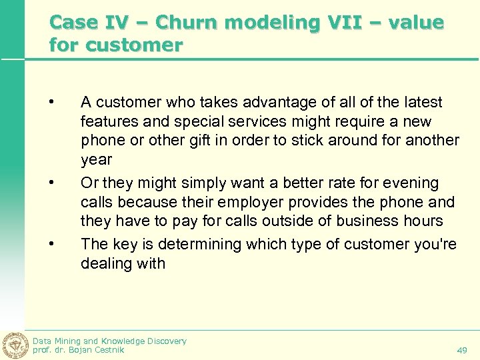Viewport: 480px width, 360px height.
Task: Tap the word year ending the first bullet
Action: click(96, 161)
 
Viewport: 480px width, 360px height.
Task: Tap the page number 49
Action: click(462, 350)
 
